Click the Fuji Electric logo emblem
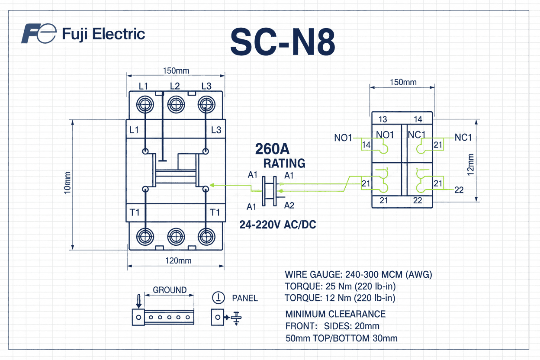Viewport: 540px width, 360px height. point(39,34)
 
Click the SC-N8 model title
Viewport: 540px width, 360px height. point(282,42)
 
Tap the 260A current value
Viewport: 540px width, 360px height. point(272,149)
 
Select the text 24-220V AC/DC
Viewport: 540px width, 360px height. point(278,225)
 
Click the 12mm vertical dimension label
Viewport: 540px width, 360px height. point(471,164)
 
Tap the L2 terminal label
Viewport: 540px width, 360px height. point(175,86)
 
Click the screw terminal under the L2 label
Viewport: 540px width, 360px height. point(175,104)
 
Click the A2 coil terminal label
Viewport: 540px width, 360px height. point(289,206)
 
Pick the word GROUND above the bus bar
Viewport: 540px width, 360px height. point(170,290)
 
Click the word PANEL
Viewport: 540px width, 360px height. point(245,298)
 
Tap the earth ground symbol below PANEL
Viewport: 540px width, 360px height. point(236,318)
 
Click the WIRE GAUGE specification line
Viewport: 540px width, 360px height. point(358,275)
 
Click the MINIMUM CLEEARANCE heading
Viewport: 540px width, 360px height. point(335,314)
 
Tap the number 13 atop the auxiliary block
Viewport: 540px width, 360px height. point(382,119)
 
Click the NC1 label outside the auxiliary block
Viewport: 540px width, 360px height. point(463,138)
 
